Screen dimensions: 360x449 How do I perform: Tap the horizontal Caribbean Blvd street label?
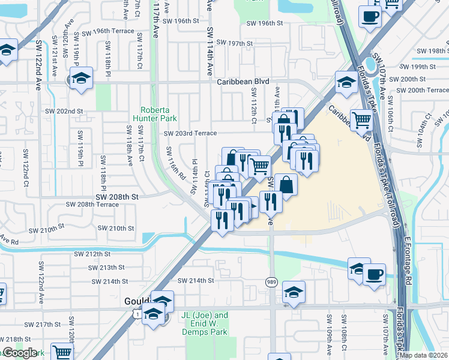241,81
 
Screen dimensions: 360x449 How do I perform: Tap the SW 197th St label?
235,43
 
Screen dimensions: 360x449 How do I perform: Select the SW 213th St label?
104,267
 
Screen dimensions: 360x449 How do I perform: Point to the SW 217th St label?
53,325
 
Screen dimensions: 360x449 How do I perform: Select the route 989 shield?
272,282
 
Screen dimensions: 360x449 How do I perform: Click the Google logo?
20,353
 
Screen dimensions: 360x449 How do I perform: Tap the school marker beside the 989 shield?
293,293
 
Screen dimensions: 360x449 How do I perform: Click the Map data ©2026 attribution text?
424,355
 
